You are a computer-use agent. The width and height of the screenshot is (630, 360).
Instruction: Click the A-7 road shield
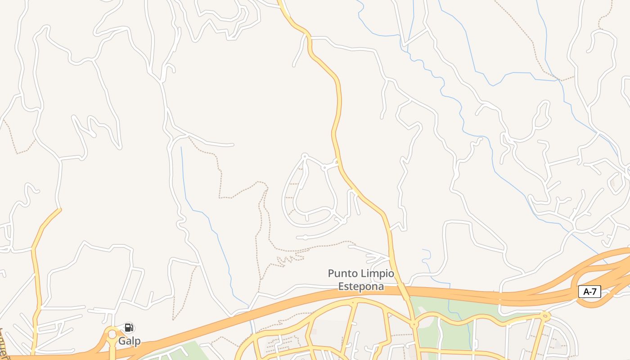[x=589, y=292]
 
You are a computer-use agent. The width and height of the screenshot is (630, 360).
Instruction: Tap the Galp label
[x=129, y=341]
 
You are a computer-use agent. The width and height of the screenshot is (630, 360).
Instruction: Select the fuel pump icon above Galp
[x=129, y=328]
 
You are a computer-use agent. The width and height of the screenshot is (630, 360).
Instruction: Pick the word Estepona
[x=361, y=286]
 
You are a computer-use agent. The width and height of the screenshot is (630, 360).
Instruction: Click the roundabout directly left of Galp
[x=112, y=334]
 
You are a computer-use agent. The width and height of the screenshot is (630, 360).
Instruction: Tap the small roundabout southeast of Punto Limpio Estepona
[x=414, y=324]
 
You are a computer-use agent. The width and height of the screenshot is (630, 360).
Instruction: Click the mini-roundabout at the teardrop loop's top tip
[x=305, y=156]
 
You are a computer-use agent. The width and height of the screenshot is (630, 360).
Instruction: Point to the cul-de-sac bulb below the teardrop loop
[x=305, y=237]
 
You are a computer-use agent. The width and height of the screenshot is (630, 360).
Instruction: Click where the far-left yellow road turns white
[x=60, y=209]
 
